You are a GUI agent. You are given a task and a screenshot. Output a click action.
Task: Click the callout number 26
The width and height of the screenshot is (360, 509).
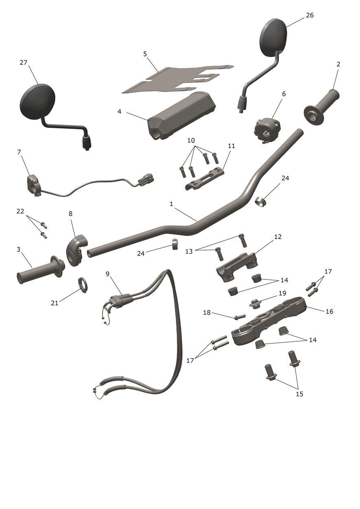[x=310, y=15]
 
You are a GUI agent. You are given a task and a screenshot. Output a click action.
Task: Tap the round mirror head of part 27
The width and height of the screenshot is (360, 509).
[x=37, y=101]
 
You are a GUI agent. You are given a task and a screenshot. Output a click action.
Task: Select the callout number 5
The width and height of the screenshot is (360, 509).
[x=145, y=54]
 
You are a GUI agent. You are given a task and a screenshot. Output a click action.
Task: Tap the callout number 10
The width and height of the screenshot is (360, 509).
[x=191, y=140]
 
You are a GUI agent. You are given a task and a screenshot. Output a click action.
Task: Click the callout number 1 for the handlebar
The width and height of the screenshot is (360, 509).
[x=171, y=204]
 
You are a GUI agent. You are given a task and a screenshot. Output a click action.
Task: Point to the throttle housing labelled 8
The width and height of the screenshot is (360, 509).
[x=76, y=250]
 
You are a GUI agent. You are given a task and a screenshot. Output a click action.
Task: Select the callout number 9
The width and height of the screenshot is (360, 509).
[x=108, y=274]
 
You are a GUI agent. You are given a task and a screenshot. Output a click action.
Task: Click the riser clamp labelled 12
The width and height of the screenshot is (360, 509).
[x=237, y=267]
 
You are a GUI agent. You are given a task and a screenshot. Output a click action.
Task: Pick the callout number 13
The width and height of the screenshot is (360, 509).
[x=189, y=251]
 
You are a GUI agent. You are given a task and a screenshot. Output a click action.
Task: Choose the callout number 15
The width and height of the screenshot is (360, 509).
[x=300, y=394]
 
